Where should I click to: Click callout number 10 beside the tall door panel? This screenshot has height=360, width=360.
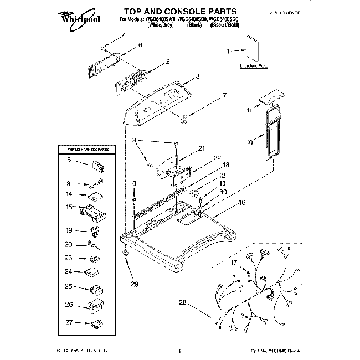click(249, 142)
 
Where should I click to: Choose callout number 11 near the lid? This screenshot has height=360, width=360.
click(249, 110)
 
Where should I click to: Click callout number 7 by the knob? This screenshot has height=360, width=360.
click(224, 96)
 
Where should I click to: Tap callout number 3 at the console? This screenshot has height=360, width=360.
click(198, 77)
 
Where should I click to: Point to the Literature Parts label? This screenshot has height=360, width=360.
click(254, 65)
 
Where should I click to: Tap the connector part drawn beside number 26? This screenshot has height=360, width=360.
click(95, 304)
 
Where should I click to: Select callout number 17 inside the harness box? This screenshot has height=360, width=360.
click(234, 263)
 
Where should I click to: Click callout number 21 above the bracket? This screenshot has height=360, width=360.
click(201, 148)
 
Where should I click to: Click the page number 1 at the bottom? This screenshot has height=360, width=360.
click(181, 351)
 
